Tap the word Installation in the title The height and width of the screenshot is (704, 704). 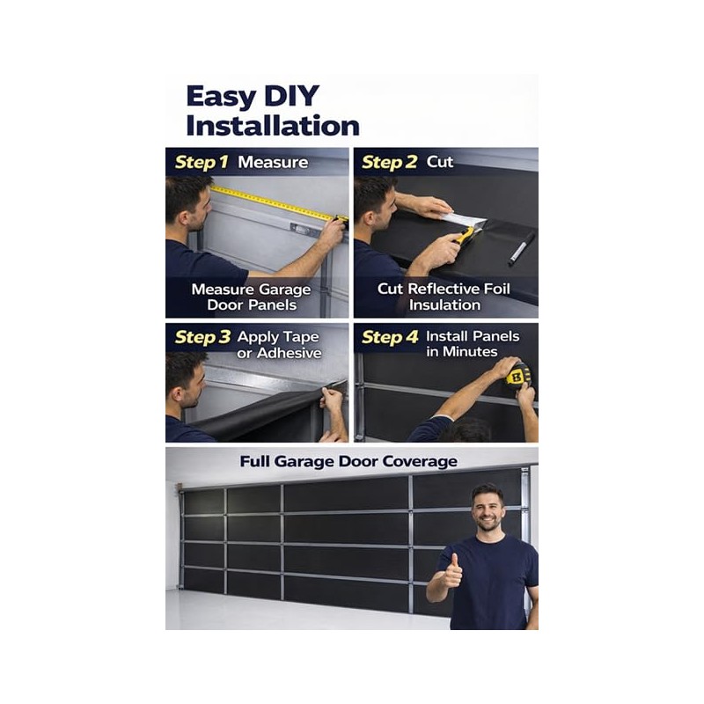tap(273, 125)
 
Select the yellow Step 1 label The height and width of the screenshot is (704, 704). tap(202, 162)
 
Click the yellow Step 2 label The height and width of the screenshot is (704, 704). tap(390, 162)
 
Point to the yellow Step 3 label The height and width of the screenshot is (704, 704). tap(202, 337)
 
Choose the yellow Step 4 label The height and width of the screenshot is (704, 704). tap(390, 337)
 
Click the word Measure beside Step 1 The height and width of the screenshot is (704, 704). tap(273, 162)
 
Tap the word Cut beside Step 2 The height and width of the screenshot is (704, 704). tap(440, 162)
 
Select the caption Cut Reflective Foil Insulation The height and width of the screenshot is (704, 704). tap(444, 297)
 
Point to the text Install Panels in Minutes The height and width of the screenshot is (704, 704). tap(472, 344)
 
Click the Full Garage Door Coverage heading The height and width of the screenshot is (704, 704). tap(348, 461)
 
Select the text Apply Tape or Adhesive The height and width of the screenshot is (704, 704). tap(278, 344)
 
